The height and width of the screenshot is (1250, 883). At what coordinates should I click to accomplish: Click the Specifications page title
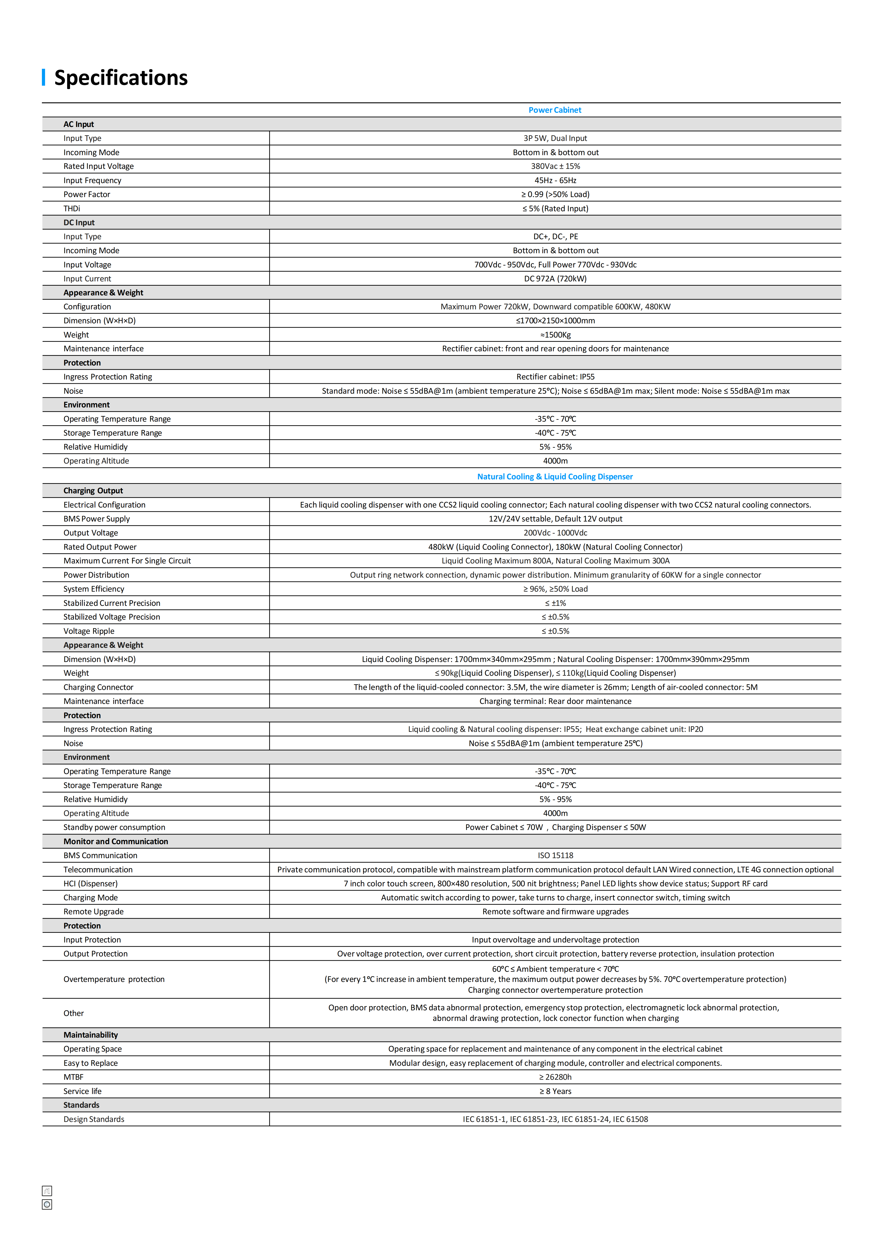pos(121,78)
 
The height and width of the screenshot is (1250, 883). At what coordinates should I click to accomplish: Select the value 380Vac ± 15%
pos(555,166)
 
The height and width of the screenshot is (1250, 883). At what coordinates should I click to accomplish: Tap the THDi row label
pos(72,209)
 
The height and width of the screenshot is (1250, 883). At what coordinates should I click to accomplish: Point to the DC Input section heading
pos(79,222)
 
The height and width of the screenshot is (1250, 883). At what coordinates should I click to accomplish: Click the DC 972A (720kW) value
pos(555,279)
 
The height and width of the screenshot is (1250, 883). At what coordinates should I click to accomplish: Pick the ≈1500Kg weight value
pos(555,335)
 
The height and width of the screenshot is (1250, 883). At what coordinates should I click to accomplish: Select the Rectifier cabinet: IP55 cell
pos(555,377)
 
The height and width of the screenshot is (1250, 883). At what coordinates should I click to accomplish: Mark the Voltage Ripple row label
pos(89,631)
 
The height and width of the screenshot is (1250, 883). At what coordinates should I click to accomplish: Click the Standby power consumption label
pos(114,827)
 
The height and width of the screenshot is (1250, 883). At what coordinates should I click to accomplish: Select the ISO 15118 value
pos(555,855)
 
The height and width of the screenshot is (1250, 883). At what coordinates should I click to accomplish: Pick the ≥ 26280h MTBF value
pos(555,1077)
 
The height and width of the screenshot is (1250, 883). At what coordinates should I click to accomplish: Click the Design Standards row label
pos(93,1119)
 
